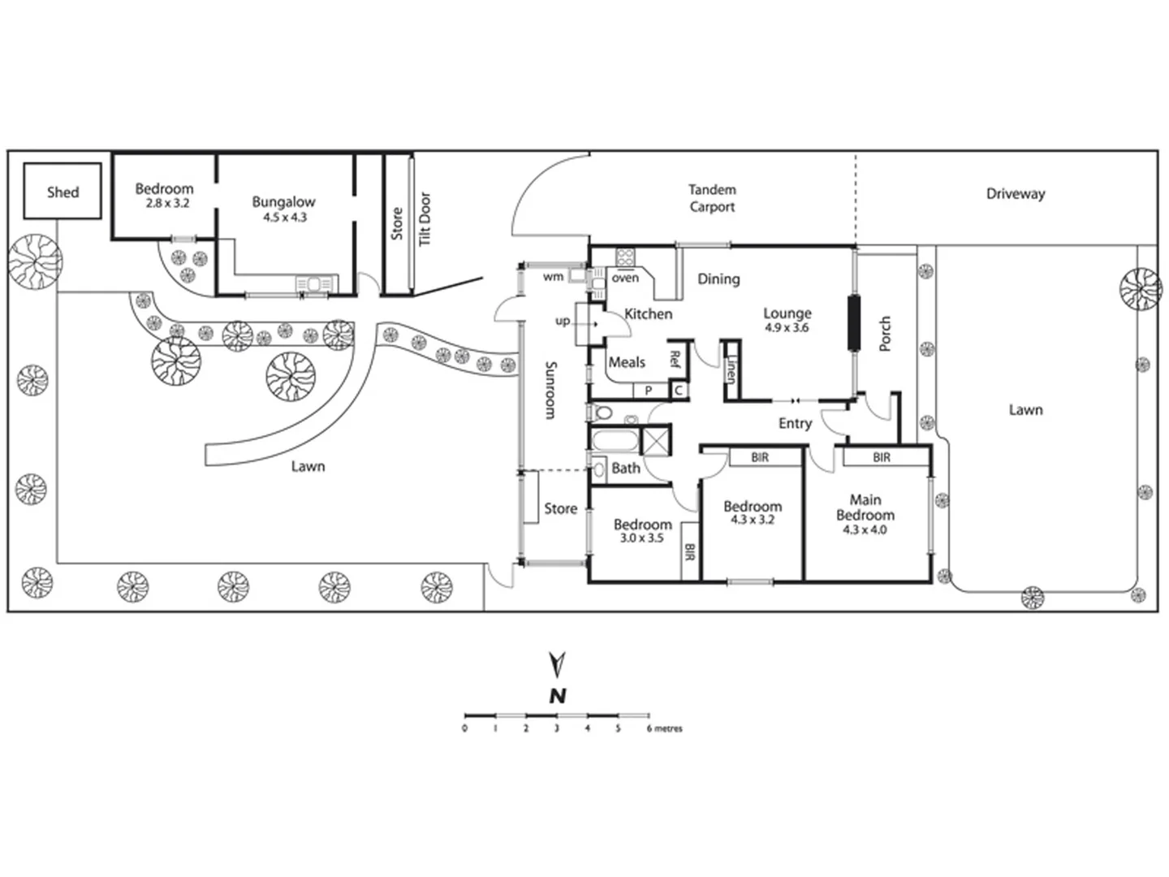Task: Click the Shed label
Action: (63, 192)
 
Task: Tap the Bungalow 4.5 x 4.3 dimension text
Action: (283, 218)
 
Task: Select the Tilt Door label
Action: (425, 218)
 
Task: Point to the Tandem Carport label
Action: (712, 198)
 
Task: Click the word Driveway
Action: (1015, 194)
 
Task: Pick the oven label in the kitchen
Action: (625, 278)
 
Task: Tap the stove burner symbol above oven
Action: (626, 257)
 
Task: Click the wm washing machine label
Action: (553, 277)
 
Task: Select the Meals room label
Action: (627, 362)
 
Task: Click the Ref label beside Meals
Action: (674, 359)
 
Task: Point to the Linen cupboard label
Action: (731, 372)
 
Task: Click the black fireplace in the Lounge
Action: (853, 323)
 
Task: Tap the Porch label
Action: (885, 334)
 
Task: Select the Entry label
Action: (795, 423)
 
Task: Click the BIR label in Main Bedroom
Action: (882, 458)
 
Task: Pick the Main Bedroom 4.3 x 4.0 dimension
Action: (865, 530)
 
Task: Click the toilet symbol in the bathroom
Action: (602, 413)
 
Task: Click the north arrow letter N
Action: (557, 696)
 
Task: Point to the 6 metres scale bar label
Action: (665, 729)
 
